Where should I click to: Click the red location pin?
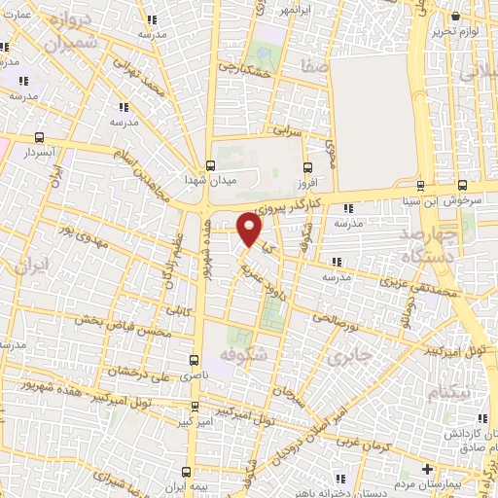coord(250,229)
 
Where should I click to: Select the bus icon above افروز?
coord(308,165)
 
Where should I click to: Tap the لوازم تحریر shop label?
coord(458,35)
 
